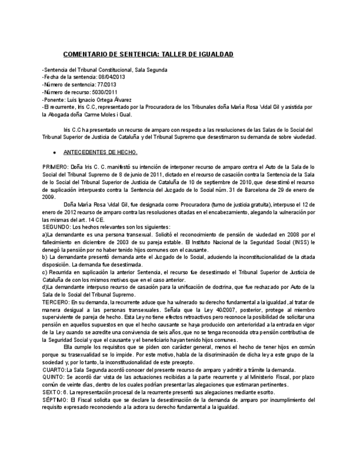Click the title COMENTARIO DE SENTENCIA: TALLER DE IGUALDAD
click(148, 54)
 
